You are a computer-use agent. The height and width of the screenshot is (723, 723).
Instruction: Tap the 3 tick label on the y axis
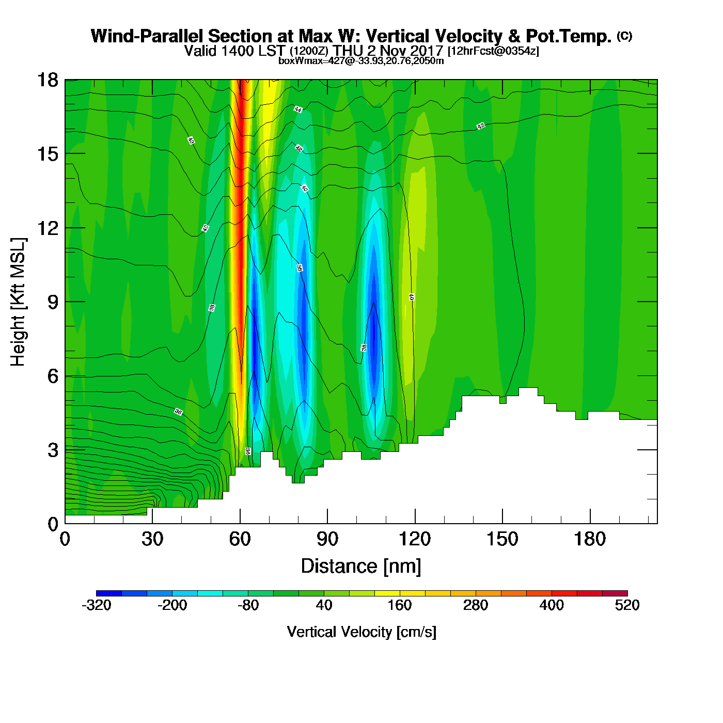53,450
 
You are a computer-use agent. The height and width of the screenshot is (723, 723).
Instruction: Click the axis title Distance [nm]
361,567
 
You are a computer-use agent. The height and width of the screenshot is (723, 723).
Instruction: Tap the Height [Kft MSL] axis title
18,302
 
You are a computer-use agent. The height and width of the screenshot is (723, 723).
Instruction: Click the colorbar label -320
97,605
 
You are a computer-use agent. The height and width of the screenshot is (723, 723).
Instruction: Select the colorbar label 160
400,605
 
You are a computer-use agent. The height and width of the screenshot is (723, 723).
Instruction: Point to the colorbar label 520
627,605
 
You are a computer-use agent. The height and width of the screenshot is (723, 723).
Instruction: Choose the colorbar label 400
552,605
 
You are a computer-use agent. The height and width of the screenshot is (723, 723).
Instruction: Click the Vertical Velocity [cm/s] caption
361,632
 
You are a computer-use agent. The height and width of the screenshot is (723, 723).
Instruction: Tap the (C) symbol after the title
624,36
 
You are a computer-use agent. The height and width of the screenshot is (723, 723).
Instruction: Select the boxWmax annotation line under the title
361,61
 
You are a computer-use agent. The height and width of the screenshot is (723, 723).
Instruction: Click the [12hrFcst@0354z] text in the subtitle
493,51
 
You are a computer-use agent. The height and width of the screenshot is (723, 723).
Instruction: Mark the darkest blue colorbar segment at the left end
109,593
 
